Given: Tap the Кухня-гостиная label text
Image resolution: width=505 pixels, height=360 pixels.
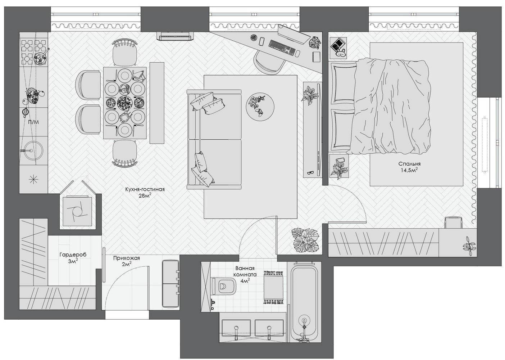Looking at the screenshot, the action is click(x=145, y=189).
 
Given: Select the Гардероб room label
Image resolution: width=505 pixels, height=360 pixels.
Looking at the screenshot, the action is click(x=73, y=255).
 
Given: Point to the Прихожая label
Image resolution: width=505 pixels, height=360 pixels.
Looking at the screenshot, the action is click(x=127, y=258).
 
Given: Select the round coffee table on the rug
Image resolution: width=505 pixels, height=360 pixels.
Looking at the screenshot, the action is click(x=260, y=107).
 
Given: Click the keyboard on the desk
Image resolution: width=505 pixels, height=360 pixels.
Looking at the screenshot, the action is click(x=282, y=48).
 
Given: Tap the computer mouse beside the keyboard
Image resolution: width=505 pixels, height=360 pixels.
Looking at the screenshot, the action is click(x=297, y=54).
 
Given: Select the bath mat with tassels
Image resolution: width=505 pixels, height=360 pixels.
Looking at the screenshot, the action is click(x=273, y=288).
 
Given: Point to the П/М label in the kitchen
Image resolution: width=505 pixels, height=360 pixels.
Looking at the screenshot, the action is click(x=33, y=122).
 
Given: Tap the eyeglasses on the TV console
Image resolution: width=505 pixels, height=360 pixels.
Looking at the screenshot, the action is click(x=310, y=173).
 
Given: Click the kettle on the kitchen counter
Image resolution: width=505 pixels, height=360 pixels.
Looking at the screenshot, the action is click(x=25, y=112).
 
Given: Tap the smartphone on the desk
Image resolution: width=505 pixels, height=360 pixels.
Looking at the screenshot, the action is click(x=262, y=41).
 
